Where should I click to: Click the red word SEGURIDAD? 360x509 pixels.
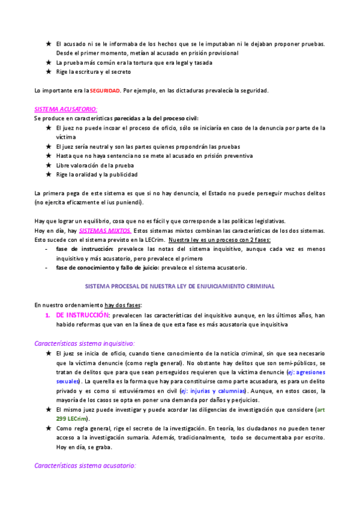[x=105, y=91]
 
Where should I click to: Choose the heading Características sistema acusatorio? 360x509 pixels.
[x=85, y=465]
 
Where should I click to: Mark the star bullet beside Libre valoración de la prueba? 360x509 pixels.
[x=49, y=165]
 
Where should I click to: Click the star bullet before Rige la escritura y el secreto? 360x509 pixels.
[x=49, y=72]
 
